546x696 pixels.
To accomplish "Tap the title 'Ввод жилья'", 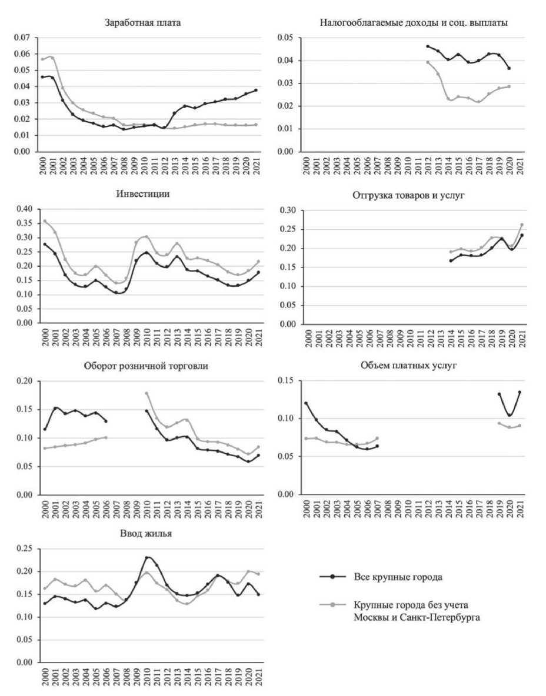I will point(143,534).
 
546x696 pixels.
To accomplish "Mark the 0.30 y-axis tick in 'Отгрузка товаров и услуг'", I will point(287,210).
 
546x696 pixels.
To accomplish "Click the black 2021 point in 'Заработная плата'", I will point(256,90).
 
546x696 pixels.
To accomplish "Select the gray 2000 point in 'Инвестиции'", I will point(45,222).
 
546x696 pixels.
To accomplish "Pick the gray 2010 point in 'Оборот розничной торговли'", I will point(147,393).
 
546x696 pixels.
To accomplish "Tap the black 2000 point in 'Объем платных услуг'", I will point(306,403).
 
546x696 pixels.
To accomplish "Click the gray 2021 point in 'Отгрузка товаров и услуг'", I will point(521,225).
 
